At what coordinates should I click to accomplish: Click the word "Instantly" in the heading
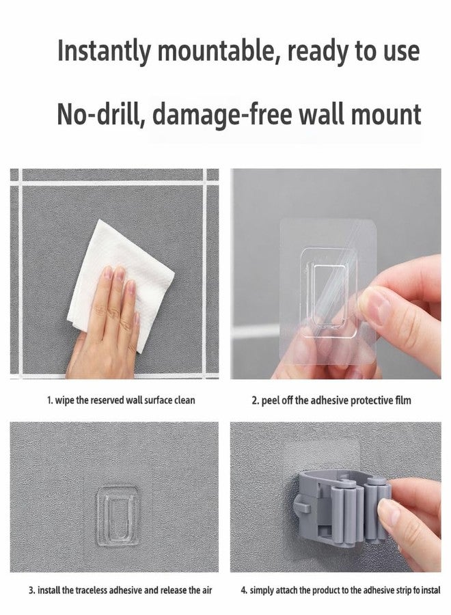click(104, 51)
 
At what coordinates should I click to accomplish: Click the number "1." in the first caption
click(50, 400)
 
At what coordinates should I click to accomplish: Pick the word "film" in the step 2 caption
click(402, 400)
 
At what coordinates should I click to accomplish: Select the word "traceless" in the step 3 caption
click(92, 590)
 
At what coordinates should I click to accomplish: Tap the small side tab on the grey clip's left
click(302, 505)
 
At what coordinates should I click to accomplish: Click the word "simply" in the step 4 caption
click(262, 590)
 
